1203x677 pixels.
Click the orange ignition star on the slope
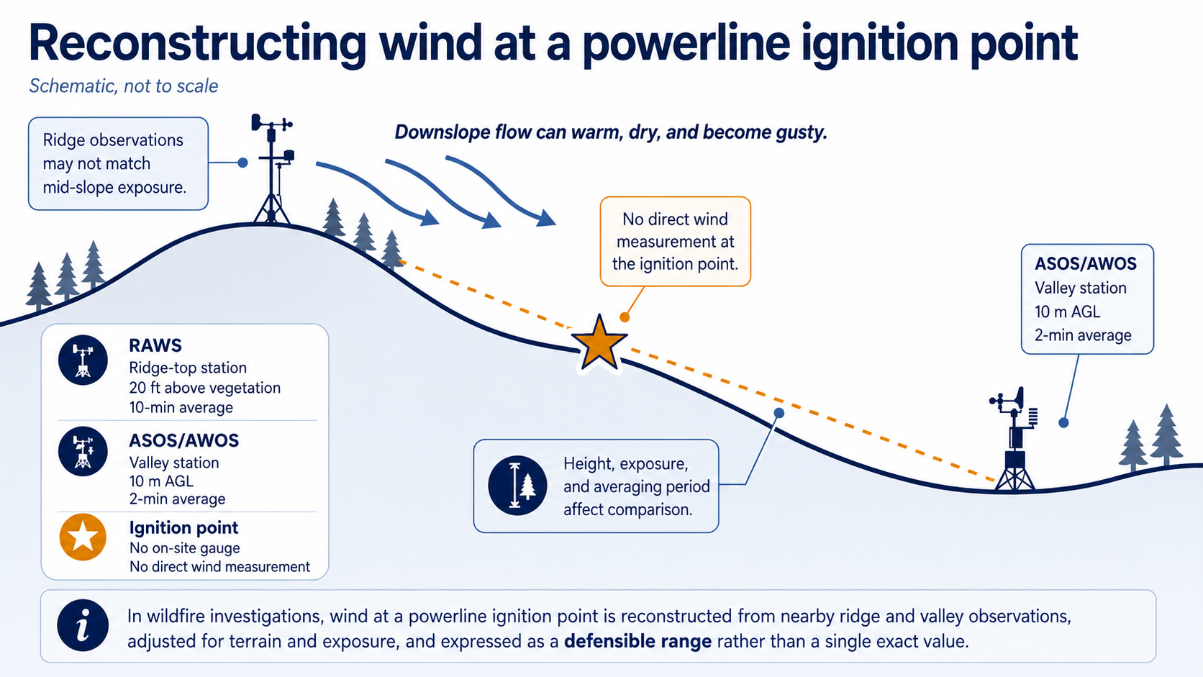pyautogui.click(x=599, y=344)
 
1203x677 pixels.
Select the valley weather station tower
pyautogui.click(x=1014, y=440)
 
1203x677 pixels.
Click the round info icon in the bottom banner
pyautogui.click(x=83, y=625)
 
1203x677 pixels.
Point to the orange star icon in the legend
pyautogui.click(x=83, y=537)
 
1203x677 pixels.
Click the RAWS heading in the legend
pyautogui.click(x=155, y=345)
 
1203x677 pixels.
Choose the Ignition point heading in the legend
pyautogui.click(x=183, y=528)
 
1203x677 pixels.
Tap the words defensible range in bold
pyautogui.click(x=637, y=641)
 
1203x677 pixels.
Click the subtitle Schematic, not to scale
pyautogui.click(x=124, y=86)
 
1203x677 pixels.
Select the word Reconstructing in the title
pyautogui.click(x=198, y=43)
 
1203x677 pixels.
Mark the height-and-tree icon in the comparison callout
pyautogui.click(x=517, y=486)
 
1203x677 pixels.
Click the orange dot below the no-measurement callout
pyautogui.click(x=625, y=317)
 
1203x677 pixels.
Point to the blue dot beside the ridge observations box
pyautogui.click(x=242, y=162)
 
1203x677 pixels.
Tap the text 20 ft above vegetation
pyautogui.click(x=204, y=388)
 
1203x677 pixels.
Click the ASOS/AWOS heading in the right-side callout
pyautogui.click(x=1086, y=263)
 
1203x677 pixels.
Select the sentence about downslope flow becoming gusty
pyautogui.click(x=611, y=132)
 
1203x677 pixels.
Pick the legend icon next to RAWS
pyautogui.click(x=83, y=360)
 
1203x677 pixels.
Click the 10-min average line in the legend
pyautogui.click(x=181, y=407)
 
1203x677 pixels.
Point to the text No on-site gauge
pyautogui.click(x=185, y=548)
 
